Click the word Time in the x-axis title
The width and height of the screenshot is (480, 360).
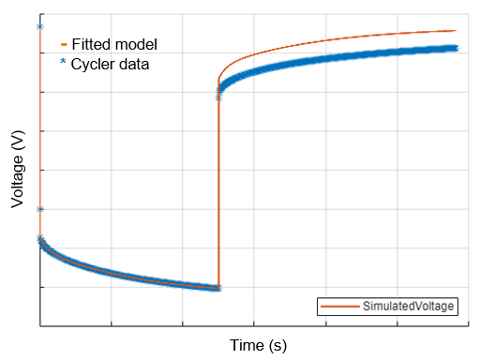(247, 345)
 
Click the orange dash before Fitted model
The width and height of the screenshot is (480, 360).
(64, 44)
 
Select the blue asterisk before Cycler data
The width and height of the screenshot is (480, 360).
(64, 64)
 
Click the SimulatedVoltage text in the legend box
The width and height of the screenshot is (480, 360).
(409, 307)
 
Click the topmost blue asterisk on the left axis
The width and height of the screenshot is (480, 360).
(39, 26)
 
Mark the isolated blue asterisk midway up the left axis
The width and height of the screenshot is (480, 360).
(39, 209)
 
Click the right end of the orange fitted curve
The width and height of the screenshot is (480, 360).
(456, 31)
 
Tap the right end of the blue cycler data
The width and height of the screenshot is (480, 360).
(455, 48)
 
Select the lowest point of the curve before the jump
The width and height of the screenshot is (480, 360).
(217, 287)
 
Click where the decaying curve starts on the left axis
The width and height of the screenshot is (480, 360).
(39, 238)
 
